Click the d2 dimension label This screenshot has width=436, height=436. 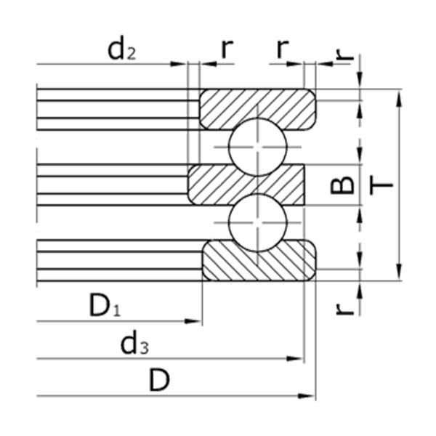click(121, 49)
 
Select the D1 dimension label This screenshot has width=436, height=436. click(105, 306)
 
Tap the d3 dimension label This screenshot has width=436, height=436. click(134, 342)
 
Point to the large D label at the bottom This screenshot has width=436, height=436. click(159, 380)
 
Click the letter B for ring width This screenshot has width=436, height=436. click(342, 185)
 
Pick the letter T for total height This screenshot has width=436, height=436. click(381, 185)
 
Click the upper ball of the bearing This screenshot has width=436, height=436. click(257, 147)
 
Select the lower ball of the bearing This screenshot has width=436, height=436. click(257, 222)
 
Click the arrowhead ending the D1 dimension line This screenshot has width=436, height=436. click(193, 321)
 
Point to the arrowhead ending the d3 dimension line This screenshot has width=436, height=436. click(295, 359)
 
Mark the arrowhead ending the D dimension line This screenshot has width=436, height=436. click(306, 396)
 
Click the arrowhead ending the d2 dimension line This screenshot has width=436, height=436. click(178, 64)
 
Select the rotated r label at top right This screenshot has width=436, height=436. click(344, 54)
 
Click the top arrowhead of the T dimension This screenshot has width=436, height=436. click(399, 98)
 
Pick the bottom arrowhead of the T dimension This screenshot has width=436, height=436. click(399, 272)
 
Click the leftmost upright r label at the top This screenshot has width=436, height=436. click(227, 49)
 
